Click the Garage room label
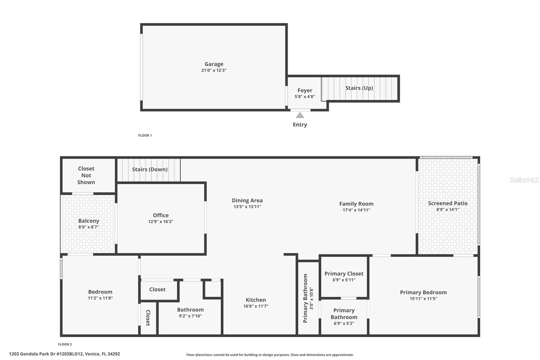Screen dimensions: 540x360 pos(214,64)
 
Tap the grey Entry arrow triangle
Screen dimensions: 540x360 pos(300,115)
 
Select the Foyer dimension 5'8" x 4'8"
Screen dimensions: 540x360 pos(305,97)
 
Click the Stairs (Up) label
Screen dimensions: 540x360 pos(359,88)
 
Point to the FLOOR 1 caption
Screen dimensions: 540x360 pos(145,135)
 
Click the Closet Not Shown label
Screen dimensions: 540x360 pos(86,175)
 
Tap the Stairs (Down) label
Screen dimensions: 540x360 pos(150,170)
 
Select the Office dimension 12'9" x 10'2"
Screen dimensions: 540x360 pos(161,222)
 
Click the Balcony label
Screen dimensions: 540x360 pos(89,221)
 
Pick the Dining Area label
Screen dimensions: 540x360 pos(247,200)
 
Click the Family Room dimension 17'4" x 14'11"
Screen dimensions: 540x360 pos(356,210)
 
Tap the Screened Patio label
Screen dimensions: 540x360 pos(448,203)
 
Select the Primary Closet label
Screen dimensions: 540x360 pos(344,274)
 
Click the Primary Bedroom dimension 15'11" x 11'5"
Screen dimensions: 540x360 pos(423,299)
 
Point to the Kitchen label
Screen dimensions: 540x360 pos(256,300)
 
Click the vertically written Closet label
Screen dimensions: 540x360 pos(148,318)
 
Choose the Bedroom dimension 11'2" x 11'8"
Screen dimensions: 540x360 pos(100,298)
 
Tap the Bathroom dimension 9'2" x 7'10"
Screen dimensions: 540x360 pos(190,316)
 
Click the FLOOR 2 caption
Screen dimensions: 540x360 pos(65,344)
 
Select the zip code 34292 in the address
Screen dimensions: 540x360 pos(113,354)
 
